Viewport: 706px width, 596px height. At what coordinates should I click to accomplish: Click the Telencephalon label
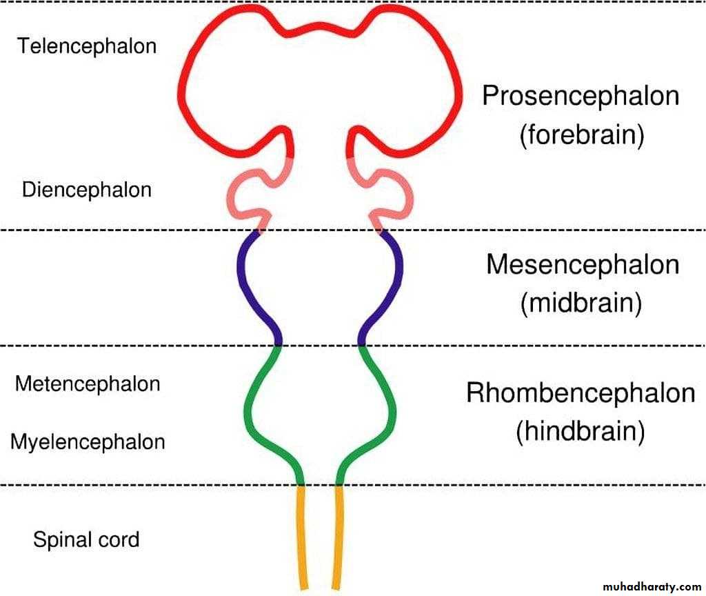(x=87, y=46)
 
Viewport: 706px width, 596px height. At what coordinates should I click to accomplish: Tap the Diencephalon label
(x=86, y=189)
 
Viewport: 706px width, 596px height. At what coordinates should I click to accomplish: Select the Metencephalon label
(x=88, y=384)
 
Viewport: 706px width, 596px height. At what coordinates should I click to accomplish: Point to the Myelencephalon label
(x=88, y=441)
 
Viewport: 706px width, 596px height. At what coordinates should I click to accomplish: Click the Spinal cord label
(x=86, y=539)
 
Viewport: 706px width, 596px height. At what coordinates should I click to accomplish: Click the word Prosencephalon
(x=581, y=96)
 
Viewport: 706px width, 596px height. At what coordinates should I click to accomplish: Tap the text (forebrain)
(x=581, y=135)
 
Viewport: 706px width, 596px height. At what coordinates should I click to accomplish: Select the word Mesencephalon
(x=583, y=265)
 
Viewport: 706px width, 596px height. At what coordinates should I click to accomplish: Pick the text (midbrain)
(x=582, y=303)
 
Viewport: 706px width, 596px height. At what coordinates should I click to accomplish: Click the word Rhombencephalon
(x=581, y=393)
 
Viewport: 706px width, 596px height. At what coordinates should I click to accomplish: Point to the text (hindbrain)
(x=581, y=432)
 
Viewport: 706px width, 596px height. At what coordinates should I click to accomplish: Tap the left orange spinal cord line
(x=302, y=538)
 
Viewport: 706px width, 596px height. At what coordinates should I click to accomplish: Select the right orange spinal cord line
(x=337, y=538)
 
